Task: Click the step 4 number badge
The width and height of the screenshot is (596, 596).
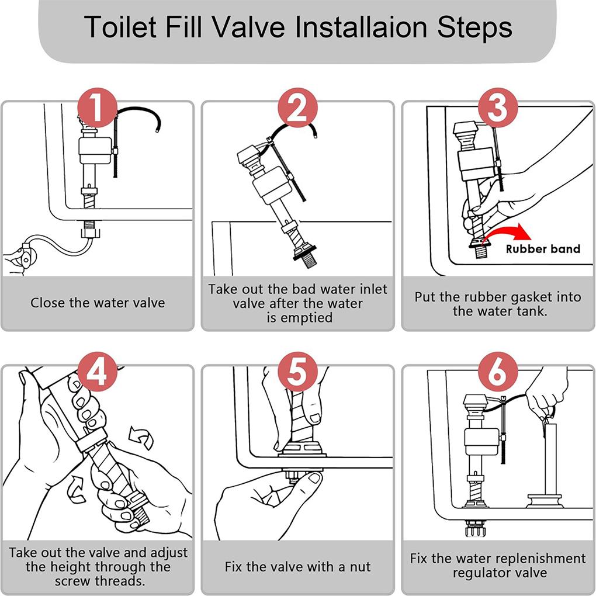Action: click(x=97, y=372)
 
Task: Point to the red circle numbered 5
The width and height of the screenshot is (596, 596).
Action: click(x=297, y=372)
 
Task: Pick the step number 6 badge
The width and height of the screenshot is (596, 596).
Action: click(x=497, y=372)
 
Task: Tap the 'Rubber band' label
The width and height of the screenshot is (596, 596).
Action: click(x=543, y=249)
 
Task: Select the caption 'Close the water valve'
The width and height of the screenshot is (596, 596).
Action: click(x=98, y=303)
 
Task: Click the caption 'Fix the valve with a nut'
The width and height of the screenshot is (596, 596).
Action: click(x=297, y=566)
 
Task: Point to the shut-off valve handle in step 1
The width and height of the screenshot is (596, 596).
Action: click(x=24, y=257)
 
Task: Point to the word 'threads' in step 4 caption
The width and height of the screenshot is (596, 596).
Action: click(x=122, y=581)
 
